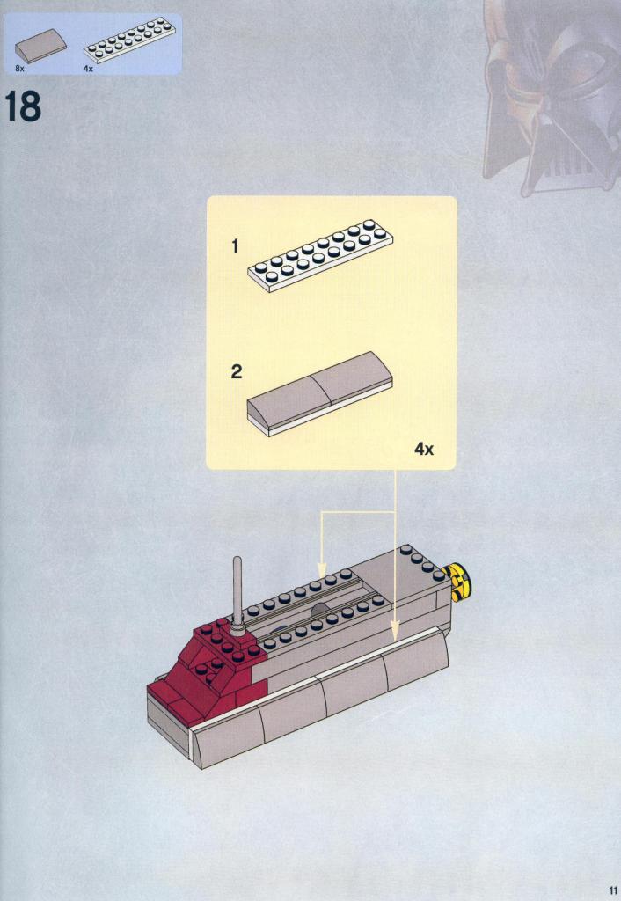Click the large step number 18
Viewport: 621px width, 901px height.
(23, 106)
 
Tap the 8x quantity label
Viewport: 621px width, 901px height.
(19, 69)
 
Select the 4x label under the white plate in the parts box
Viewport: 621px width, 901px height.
(88, 69)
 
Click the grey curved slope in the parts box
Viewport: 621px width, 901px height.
(40, 46)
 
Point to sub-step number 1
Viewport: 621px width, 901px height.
(234, 247)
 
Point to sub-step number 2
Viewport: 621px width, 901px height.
(236, 372)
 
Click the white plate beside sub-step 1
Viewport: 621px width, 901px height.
(320, 256)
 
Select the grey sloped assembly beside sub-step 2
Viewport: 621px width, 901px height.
(320, 394)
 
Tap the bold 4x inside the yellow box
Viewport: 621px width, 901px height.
(424, 450)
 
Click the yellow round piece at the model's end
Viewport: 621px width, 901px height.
(457, 582)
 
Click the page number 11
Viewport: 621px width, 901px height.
(612, 891)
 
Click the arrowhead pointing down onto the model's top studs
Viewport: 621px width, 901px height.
(321, 570)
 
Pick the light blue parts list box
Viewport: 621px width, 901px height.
(93, 44)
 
